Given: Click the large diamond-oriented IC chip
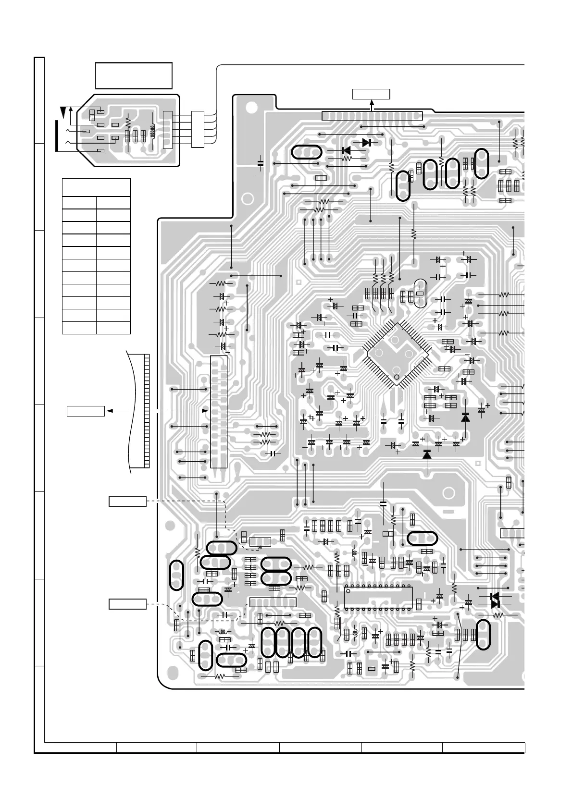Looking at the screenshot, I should tap(397, 354).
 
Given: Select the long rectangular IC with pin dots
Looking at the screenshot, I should tap(379, 598).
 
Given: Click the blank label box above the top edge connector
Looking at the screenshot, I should tap(371, 94).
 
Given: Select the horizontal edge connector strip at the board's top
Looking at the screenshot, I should tap(372, 116).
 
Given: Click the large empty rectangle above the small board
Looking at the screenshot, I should tap(134, 75).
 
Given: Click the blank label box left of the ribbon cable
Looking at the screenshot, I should tap(85, 411).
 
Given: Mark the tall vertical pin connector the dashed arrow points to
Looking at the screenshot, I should tap(219, 412).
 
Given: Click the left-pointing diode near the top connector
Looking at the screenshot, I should tap(346, 150).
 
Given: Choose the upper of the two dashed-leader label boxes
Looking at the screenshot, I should tap(127, 501).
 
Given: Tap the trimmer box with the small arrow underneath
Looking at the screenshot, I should tap(260, 541).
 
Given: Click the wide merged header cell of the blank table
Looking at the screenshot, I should tap(96, 187).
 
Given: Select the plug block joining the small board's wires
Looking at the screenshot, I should tap(198, 129).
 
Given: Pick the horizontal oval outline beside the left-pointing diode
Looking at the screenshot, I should tap(306, 152).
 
